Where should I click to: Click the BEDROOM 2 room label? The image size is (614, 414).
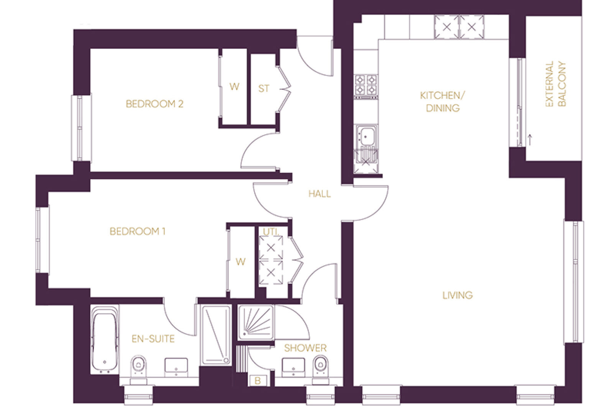[x=154, y=104]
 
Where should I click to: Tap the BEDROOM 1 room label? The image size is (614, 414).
[x=137, y=232]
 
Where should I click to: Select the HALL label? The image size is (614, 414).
[x=320, y=194]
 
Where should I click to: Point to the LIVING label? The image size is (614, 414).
[x=458, y=295]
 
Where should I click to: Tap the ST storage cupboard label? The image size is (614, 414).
[x=264, y=89]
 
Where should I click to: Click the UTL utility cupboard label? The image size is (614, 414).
[x=271, y=232]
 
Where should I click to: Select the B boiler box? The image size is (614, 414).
[x=258, y=381]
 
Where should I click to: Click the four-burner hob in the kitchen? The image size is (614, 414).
[x=366, y=86]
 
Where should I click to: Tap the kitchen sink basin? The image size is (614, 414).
[x=366, y=136]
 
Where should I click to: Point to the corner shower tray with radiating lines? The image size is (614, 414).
[x=256, y=323]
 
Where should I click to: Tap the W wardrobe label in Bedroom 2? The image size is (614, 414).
[x=234, y=87]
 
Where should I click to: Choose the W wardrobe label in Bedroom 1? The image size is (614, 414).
[x=240, y=262]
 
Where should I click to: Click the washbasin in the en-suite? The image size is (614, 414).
[x=176, y=367]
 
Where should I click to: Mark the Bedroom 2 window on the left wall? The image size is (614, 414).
[x=81, y=128]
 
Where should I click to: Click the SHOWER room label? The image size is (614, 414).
[x=305, y=348]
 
